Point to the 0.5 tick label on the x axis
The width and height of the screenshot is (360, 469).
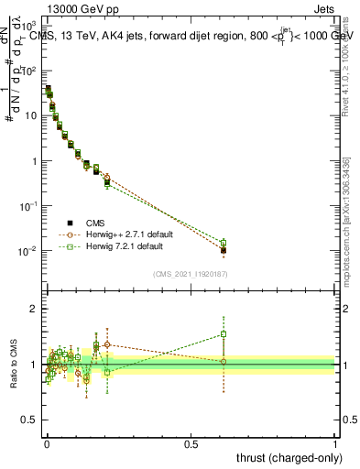coord(191,444)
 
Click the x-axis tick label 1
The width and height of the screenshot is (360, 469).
coord(335,444)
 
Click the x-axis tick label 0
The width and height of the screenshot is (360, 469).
coord(46,444)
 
